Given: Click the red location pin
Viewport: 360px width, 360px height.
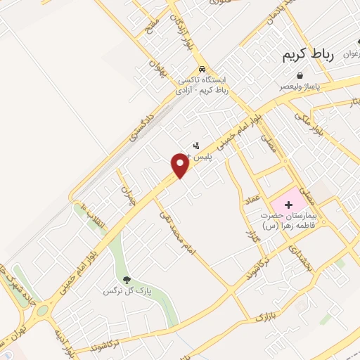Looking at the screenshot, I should (180, 165).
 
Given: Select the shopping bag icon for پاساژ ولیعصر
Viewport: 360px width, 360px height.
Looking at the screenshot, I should (300, 75).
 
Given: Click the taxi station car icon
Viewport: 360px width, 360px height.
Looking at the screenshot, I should (202, 70).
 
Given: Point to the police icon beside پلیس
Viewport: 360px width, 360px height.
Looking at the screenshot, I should (195, 146).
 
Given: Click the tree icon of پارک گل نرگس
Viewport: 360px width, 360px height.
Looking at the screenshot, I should (127, 280).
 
